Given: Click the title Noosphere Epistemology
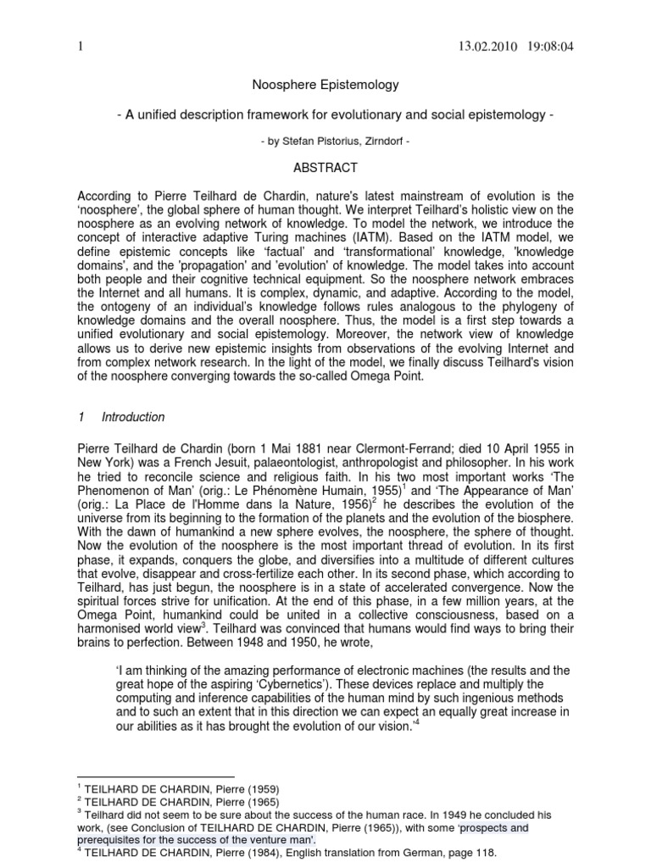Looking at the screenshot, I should click(325, 86).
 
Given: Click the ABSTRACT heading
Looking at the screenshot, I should click(325, 168).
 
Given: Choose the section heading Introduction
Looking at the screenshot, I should click(133, 417).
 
